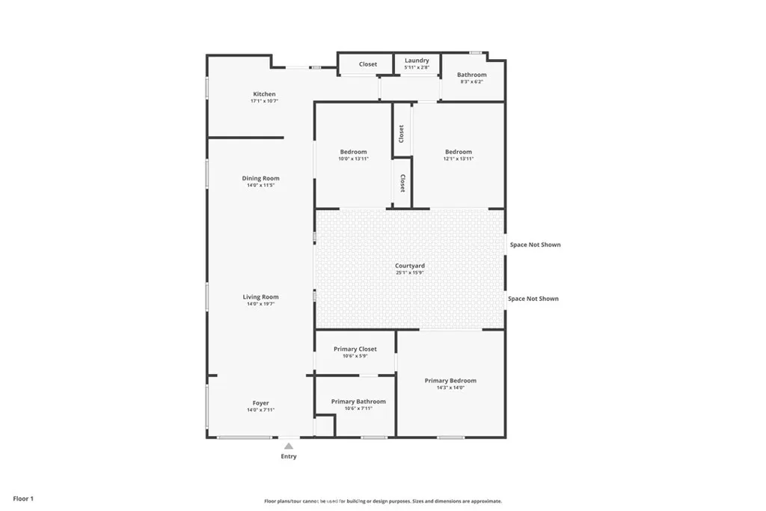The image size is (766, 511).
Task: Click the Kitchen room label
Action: coord(264,94)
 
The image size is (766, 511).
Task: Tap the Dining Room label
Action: coord(260,179)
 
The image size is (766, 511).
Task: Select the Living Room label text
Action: coord(260,297)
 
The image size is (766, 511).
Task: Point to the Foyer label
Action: coord(260,403)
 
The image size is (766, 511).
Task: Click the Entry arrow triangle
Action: coord(288,446)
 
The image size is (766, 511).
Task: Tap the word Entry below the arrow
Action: coord(288,456)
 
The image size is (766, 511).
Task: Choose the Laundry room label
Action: coord(417,61)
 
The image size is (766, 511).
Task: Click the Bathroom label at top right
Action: coord(471,75)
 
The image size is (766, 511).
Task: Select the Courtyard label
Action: coord(410,266)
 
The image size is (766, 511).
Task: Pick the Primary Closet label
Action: coord(355,349)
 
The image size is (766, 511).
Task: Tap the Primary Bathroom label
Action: coord(358,402)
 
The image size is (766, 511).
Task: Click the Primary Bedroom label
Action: coord(450,381)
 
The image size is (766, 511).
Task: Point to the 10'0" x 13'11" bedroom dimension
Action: coord(353,159)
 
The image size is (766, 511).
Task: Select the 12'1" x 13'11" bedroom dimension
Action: coord(459,159)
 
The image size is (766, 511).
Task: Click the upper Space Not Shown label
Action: coord(535,245)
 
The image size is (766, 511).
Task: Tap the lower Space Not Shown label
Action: coord(533,299)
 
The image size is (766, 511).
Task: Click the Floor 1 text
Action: coord(23,498)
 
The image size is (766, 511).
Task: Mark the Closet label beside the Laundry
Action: coord(368,64)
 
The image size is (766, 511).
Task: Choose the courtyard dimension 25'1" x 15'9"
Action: coord(410,272)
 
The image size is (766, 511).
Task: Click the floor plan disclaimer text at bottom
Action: coord(382,501)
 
